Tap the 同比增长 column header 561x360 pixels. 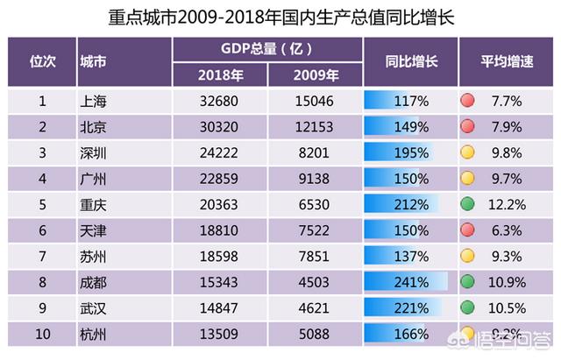[x=410, y=62]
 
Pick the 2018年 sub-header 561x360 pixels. [x=220, y=74]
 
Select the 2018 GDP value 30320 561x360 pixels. [x=220, y=127]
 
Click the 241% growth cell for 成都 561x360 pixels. [x=410, y=283]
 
